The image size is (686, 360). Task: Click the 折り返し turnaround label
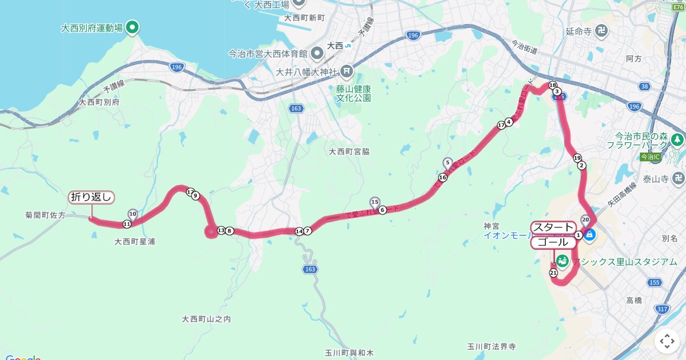tap(91, 197)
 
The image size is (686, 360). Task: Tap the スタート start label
tap(553, 227)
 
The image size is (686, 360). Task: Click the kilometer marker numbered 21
tap(553, 273)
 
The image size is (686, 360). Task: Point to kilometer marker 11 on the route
tap(127, 224)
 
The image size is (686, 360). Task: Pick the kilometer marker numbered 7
tap(308, 231)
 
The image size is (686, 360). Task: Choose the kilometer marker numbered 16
tap(442, 177)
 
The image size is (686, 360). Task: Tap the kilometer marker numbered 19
tap(577, 158)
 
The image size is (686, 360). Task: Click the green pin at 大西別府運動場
tap(133, 26)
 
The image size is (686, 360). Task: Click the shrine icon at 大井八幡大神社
tap(347, 71)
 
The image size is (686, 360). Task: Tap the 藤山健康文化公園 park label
tap(353, 93)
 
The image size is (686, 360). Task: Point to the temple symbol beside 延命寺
tap(602, 30)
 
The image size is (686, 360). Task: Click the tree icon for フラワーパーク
tap(677, 139)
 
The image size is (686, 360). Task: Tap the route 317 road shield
tap(662, 309)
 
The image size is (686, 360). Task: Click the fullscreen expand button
tap(667, 342)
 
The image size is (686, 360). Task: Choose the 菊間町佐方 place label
tap(46, 215)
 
